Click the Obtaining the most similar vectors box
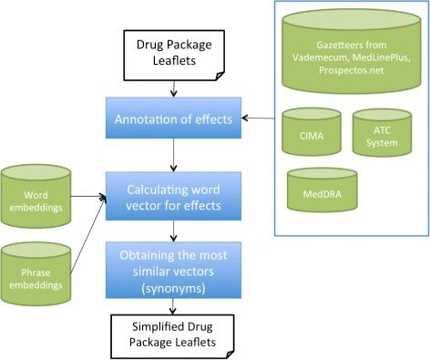coord(168,265)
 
